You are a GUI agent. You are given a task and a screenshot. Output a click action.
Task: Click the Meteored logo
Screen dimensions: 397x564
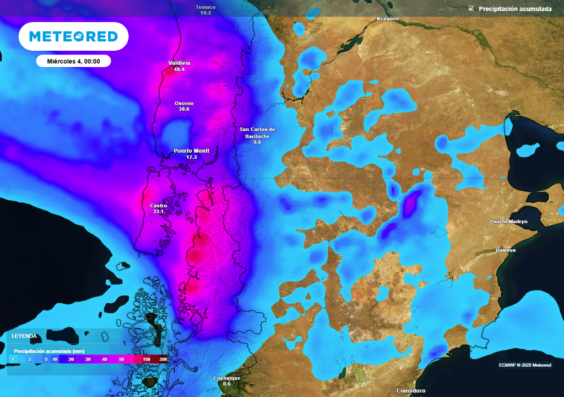click(73, 36)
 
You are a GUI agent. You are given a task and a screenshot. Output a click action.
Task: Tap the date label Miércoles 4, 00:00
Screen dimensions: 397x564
click(73, 61)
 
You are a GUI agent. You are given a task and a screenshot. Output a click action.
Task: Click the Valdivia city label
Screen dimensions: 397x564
click(179, 63)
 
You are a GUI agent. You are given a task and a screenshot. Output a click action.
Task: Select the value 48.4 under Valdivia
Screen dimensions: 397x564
click(179, 69)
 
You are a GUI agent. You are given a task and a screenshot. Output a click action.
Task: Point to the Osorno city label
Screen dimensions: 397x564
click(184, 103)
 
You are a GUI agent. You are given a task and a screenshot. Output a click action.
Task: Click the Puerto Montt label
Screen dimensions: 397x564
click(191, 151)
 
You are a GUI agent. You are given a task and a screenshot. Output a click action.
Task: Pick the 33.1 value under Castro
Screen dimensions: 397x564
click(158, 212)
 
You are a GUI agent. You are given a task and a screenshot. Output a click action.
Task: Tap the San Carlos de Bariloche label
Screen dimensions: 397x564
click(257, 132)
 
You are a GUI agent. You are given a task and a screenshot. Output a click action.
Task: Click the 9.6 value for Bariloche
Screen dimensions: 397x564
click(257, 142)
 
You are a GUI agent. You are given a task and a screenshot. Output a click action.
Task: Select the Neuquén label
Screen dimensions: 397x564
click(387, 19)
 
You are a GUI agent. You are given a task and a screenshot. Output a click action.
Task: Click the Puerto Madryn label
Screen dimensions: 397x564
click(509, 222)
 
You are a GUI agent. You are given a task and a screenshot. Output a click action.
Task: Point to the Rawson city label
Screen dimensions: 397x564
click(506, 250)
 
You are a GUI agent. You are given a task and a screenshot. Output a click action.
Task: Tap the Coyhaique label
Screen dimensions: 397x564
click(227, 378)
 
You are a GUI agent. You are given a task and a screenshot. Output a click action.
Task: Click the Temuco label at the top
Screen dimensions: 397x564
click(206, 7)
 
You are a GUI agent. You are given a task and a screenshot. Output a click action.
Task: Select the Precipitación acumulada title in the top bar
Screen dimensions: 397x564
click(515, 9)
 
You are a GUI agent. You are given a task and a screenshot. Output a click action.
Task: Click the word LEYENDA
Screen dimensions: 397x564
click(24, 336)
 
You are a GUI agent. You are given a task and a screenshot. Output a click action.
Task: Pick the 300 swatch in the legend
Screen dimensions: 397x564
click(163, 359)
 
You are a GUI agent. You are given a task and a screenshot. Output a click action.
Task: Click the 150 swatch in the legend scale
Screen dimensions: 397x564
click(146, 359)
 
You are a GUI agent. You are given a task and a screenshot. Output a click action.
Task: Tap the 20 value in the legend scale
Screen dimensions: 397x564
click(72, 359)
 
